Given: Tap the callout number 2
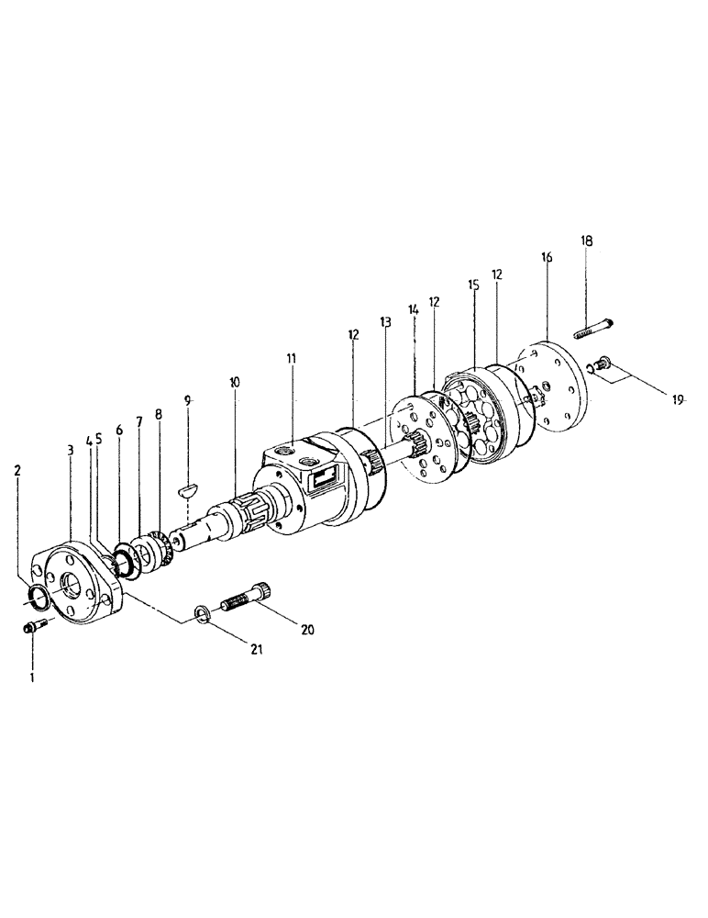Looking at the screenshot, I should click(x=17, y=470).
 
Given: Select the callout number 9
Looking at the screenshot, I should click(x=188, y=400).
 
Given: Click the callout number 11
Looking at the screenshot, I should click(x=292, y=355).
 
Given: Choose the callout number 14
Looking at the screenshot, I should click(x=413, y=311).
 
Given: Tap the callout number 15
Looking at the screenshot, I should click(x=473, y=285).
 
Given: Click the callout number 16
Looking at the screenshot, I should click(x=547, y=258).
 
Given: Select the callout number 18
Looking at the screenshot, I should click(x=587, y=241).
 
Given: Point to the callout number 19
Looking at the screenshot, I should click(x=678, y=399).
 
